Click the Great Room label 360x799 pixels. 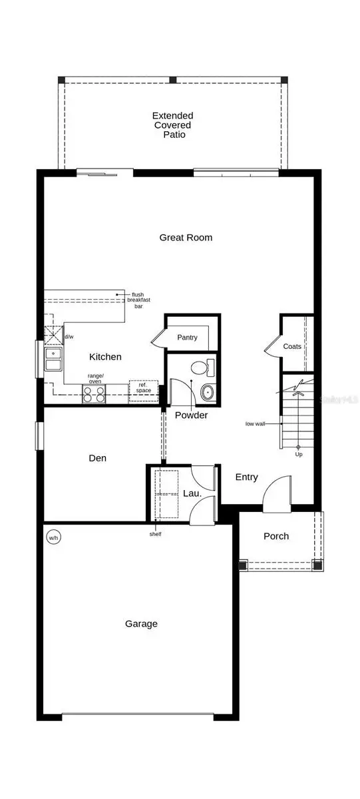(186, 238)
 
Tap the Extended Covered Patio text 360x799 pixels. (172, 125)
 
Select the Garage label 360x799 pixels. (141, 624)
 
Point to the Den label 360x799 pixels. (98, 458)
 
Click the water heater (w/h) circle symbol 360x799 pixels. (53, 537)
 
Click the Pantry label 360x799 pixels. (187, 338)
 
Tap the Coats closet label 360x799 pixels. (291, 346)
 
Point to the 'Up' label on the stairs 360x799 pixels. (298, 455)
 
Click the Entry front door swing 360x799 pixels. (276, 496)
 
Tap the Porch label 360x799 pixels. (276, 536)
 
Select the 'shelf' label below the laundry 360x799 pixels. (154, 533)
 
